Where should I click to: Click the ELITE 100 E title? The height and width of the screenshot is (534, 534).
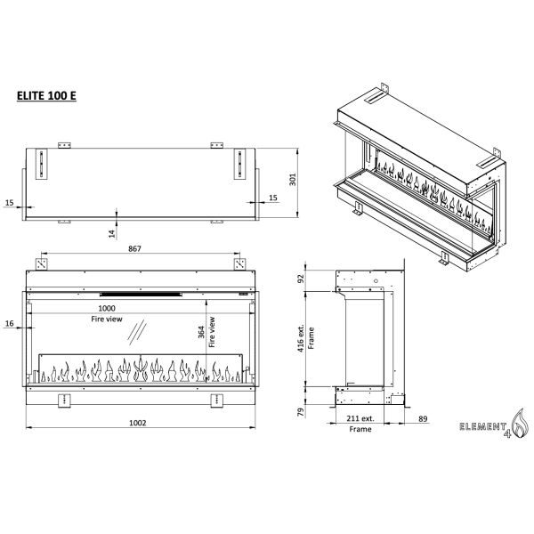[x=46, y=96]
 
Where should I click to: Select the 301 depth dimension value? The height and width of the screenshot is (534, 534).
[x=293, y=180]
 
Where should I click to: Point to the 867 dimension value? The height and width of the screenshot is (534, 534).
[x=134, y=248]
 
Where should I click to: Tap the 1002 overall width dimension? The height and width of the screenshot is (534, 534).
[x=138, y=423]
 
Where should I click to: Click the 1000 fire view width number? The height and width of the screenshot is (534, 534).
[x=107, y=308]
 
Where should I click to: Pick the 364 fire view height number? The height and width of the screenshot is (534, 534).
[x=201, y=332]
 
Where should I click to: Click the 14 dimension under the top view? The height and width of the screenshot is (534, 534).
[x=112, y=233]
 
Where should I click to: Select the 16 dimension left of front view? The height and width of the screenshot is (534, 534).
[x=9, y=323]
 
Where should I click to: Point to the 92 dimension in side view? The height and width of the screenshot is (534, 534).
[x=301, y=279]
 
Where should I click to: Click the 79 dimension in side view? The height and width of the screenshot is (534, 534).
[x=301, y=412]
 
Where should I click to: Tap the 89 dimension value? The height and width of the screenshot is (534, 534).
[x=423, y=418]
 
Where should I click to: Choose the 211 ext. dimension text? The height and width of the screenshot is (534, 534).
[x=360, y=418]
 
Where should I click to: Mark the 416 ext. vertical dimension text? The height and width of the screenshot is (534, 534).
[x=301, y=338]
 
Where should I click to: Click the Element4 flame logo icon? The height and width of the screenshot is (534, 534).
[x=520, y=423]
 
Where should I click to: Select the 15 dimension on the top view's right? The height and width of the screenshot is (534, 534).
[x=273, y=198]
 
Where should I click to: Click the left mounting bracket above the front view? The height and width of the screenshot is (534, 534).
[x=42, y=264]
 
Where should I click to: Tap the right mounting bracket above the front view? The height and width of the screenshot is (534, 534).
[x=239, y=264]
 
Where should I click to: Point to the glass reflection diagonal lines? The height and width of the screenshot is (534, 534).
[x=137, y=332]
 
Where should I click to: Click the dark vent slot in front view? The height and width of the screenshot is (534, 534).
[x=141, y=295]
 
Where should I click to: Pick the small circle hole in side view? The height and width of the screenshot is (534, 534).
[x=376, y=281]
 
